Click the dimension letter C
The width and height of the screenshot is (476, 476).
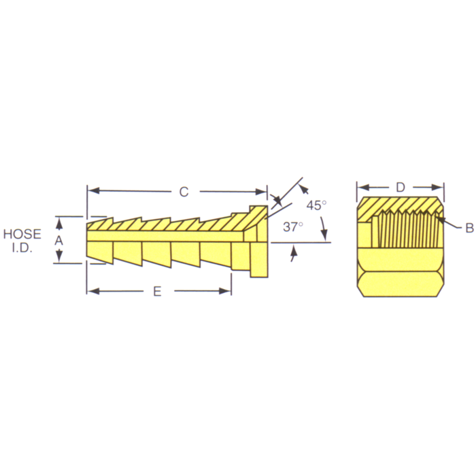click(184, 192)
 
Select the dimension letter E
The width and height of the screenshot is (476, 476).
click(157, 292)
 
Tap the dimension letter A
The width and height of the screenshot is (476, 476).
click(58, 241)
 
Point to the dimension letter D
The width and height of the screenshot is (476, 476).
click(401, 187)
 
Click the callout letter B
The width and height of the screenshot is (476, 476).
click(469, 229)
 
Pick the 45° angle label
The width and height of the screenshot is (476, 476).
click(316, 205)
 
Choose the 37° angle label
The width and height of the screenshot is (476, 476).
click(293, 227)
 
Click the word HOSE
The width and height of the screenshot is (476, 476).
click(22, 234)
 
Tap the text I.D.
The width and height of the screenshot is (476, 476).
click(22, 248)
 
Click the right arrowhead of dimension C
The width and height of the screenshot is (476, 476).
click(262, 192)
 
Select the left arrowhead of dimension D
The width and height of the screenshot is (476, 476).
click(363, 187)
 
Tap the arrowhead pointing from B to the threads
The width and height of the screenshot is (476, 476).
click(441, 220)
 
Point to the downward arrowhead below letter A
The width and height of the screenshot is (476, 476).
click(58, 258)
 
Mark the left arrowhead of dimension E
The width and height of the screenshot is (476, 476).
click(92, 292)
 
